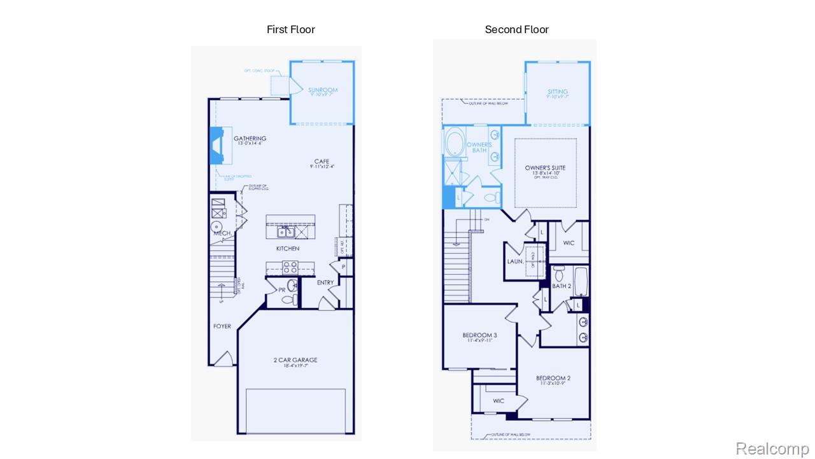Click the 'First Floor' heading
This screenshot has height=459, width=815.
click(x=290, y=29)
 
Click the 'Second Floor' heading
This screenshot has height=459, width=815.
click(x=516, y=29)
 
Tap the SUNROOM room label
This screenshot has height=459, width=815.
click(x=322, y=91)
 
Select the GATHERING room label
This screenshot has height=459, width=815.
click(x=250, y=138)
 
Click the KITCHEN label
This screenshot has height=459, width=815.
click(x=288, y=249)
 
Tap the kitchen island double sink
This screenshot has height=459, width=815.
click(x=285, y=231)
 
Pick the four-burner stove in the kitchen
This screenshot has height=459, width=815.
click(x=290, y=267)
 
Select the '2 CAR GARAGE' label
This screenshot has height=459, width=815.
click(x=295, y=360)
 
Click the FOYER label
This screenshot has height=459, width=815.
click(x=222, y=326)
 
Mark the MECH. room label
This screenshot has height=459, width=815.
click(x=222, y=234)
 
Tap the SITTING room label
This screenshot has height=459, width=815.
click(x=558, y=92)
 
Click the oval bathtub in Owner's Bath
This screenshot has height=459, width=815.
click(x=455, y=143)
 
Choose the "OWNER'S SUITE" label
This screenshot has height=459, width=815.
click(x=545, y=168)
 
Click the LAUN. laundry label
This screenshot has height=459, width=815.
click(x=515, y=261)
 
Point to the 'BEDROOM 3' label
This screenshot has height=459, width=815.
click(x=479, y=335)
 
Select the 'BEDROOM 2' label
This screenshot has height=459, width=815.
click(x=553, y=378)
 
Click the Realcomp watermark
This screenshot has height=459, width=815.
click(x=772, y=448)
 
